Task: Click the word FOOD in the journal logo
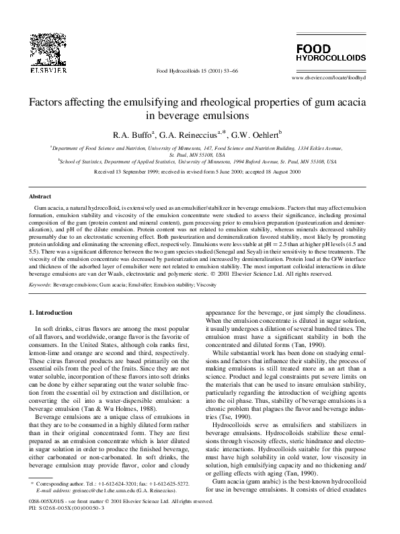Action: coord(313,48)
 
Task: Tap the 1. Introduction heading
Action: coord(52,313)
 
